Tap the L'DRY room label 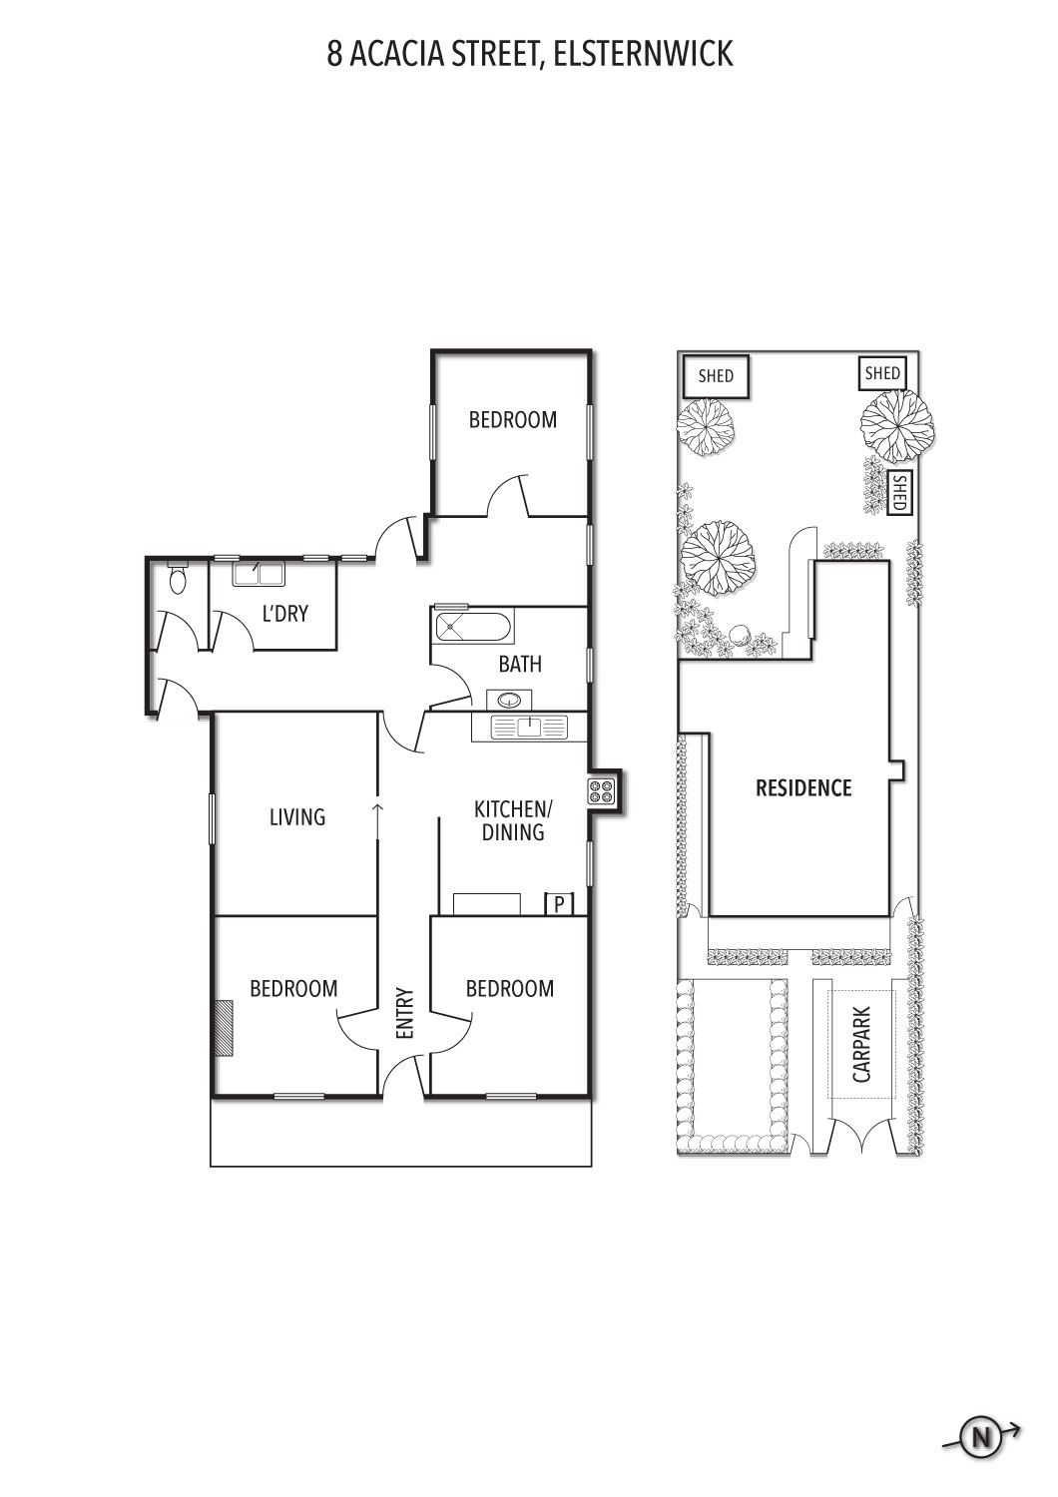[x=284, y=613]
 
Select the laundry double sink [x=259, y=574]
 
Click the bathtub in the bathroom [x=473, y=628]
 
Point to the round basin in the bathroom [x=510, y=700]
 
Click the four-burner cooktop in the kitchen [x=602, y=792]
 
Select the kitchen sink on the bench [x=529, y=728]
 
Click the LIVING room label [x=297, y=816]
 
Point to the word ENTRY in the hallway [x=405, y=1014]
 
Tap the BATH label [x=520, y=665]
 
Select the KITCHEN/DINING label [x=513, y=820]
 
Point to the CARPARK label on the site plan [x=861, y=1045]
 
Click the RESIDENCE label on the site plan [x=803, y=788]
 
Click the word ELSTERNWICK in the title [x=644, y=54]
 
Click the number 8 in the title [x=334, y=54]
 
